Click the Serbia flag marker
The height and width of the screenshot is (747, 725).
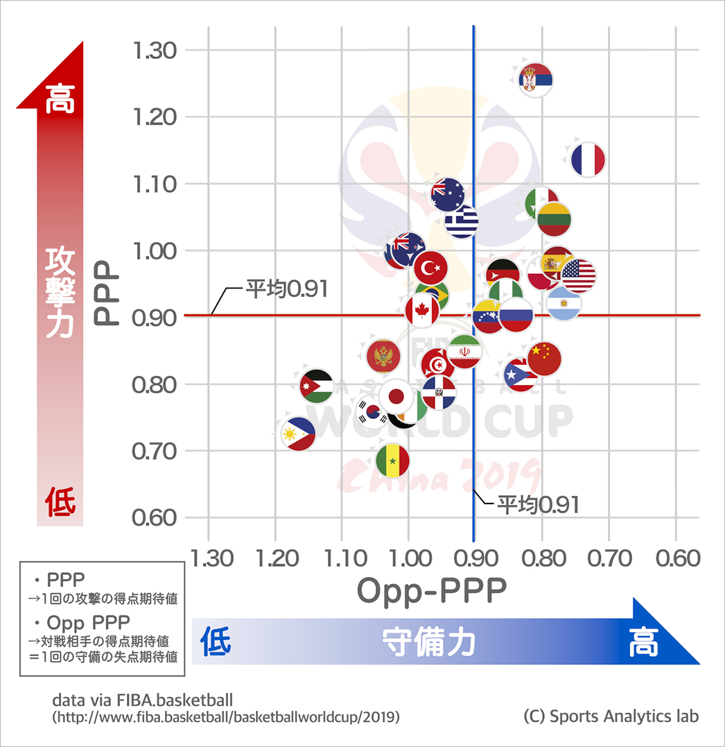click(536, 80)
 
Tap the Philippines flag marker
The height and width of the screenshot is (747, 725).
click(299, 434)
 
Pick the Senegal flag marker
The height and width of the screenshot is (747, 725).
click(393, 461)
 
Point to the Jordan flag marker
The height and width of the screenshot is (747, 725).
click(317, 386)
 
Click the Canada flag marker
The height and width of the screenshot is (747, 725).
click(422, 309)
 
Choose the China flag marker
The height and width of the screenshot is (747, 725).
click(544, 359)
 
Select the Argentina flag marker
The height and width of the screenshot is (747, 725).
click(564, 303)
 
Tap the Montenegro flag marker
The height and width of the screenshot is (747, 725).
click(383, 357)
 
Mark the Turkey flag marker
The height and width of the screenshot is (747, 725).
click(430, 267)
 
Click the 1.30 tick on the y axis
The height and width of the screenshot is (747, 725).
click(156, 50)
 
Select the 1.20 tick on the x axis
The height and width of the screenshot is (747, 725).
click(275, 558)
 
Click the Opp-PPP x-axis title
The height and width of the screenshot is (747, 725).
click(431, 591)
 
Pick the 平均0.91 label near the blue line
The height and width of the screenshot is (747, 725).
click(538, 504)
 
